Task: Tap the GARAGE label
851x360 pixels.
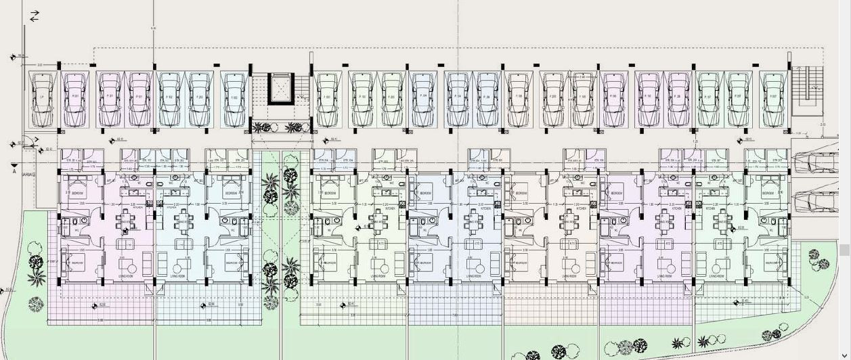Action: tap(28, 175)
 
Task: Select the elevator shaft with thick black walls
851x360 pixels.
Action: tap(281, 88)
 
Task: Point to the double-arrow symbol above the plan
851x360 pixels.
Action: tap(35, 16)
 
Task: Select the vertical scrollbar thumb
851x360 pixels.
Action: tap(845, 250)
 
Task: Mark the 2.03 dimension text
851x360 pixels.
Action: tap(823, 126)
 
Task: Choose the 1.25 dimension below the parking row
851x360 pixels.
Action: tap(695, 141)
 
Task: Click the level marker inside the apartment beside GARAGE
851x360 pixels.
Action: tap(125, 231)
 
